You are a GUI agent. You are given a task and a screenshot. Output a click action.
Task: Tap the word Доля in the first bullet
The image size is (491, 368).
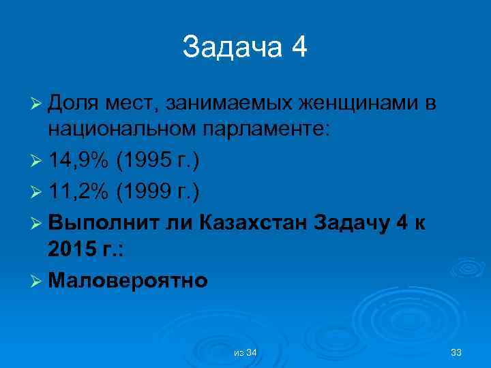75,103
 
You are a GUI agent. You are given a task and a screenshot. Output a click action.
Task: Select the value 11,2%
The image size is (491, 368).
78,191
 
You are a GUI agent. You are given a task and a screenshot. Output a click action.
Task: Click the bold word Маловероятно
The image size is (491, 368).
128,280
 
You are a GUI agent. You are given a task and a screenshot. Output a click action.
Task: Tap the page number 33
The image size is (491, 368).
456,352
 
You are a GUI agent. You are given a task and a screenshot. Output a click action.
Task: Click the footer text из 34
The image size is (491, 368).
245,352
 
